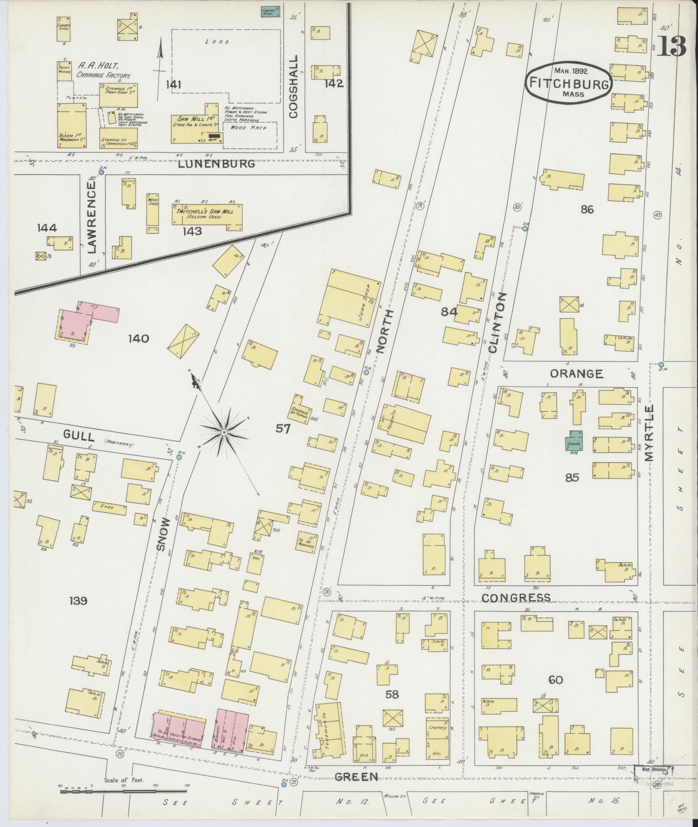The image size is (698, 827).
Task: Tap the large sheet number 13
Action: pyautogui.click(x=672, y=46)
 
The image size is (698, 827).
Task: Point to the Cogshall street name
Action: pyautogui.click(x=294, y=86)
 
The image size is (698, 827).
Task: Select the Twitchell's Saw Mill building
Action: pyautogui.click(x=207, y=214)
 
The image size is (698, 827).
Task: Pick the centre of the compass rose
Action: pyautogui.click(x=224, y=432)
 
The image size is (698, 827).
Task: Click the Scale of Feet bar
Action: pyautogui.click(x=123, y=792)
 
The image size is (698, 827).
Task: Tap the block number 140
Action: pyautogui.click(x=138, y=338)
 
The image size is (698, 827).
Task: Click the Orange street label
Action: pyautogui.click(x=576, y=374)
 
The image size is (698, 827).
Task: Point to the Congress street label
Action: pyautogui.click(x=516, y=598)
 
